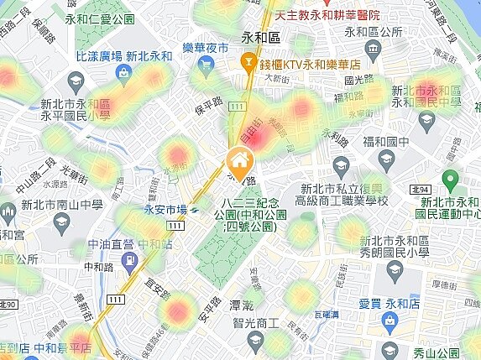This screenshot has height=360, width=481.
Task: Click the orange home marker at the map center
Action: [239, 159]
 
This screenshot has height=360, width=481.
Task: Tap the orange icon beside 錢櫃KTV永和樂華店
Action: [248, 61]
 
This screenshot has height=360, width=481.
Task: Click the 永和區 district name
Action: [260, 37]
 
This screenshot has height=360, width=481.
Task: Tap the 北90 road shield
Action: [8, 303]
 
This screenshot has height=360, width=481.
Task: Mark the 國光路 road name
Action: [359, 81]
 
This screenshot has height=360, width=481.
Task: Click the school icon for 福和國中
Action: [386, 159]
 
